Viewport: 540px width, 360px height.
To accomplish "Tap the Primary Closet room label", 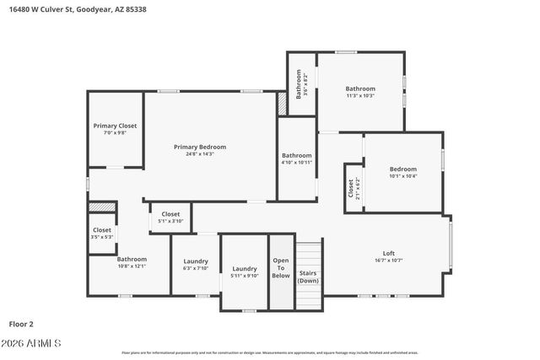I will click(x=115, y=126).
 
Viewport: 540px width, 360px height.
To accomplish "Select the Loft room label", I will click(x=389, y=253).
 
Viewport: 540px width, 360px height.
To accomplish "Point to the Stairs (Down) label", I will click(x=309, y=277).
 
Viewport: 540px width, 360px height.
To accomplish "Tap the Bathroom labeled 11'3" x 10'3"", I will click(x=359, y=89).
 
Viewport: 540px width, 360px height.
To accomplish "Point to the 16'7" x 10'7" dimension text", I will click(x=389, y=261).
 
